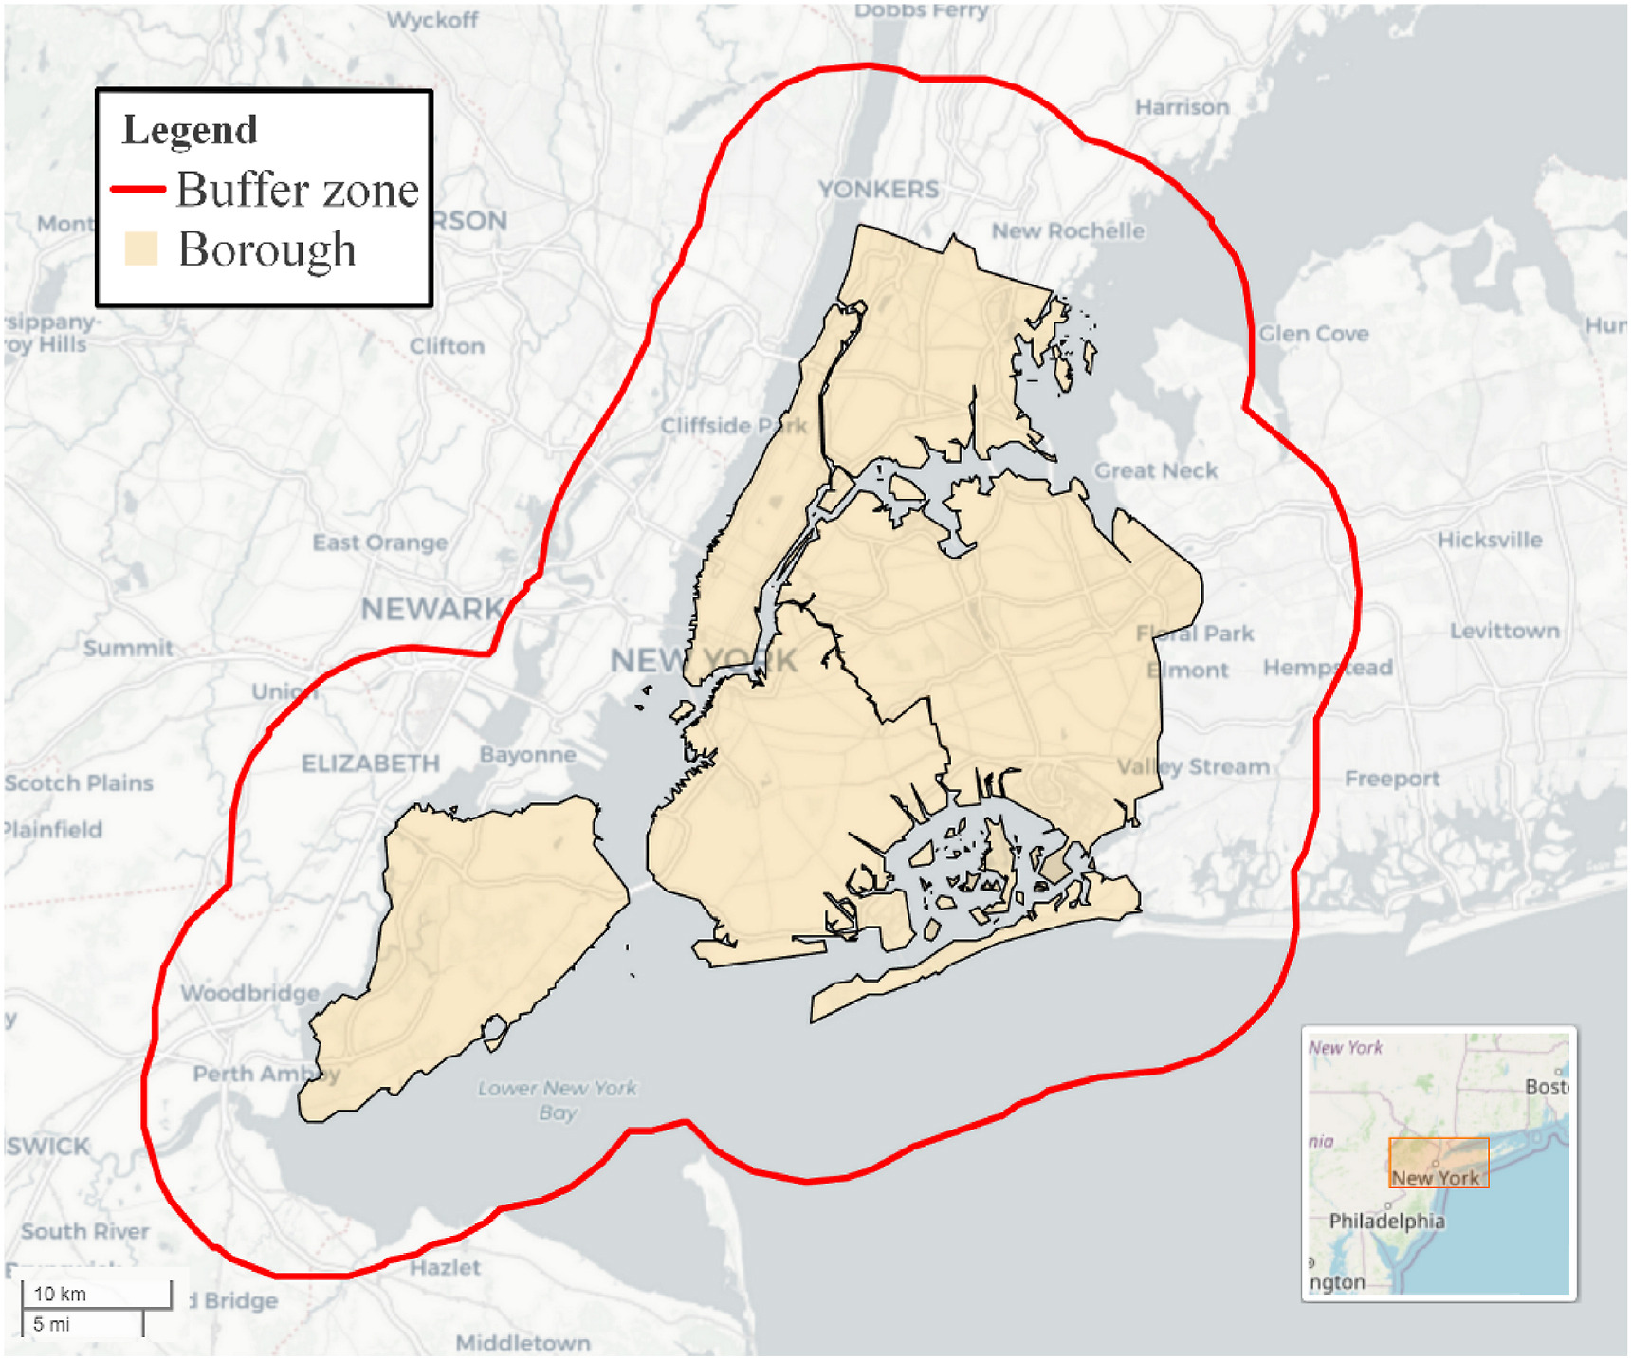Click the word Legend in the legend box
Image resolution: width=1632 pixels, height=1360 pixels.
click(x=190, y=130)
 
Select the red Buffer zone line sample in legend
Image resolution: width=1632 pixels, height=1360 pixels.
click(x=138, y=190)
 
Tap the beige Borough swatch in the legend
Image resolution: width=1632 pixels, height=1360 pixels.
click(x=140, y=248)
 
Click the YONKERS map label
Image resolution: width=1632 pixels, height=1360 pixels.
click(x=878, y=190)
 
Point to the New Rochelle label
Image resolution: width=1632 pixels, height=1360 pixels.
click(x=1068, y=230)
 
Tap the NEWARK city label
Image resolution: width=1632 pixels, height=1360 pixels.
click(x=431, y=609)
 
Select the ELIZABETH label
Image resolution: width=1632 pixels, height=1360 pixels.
click(x=370, y=763)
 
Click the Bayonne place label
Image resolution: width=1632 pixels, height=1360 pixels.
click(x=527, y=755)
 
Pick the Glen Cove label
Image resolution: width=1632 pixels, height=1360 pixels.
click(x=1313, y=334)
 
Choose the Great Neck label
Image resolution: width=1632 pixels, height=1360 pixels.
click(x=1156, y=470)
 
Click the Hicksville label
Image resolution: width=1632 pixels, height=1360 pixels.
click(x=1490, y=540)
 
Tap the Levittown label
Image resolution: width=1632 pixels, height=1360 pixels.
click(x=1504, y=631)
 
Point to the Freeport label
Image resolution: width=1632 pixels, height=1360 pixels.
click(x=1391, y=779)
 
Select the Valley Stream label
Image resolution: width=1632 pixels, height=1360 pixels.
click(x=1193, y=766)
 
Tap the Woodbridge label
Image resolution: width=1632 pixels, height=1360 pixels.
click(x=250, y=993)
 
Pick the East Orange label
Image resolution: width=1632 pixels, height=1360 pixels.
click(x=380, y=542)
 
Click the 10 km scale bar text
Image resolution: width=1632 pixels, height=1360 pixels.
click(x=60, y=1294)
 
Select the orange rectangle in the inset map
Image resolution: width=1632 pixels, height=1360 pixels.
click(x=1439, y=1163)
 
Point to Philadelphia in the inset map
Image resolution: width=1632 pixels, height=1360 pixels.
click(x=1386, y=1221)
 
